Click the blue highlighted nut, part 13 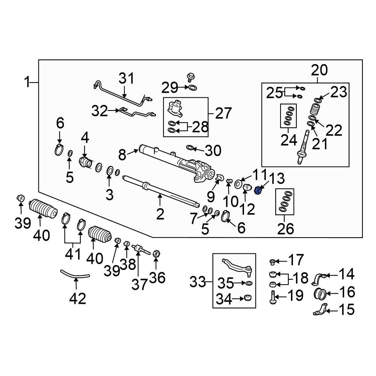point(258,191)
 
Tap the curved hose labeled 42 point(75,275)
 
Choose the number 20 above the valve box point(319,70)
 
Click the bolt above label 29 point(190,77)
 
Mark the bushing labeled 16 point(320,293)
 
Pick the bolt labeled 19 point(272,297)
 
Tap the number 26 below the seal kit point(285,228)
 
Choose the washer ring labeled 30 point(190,147)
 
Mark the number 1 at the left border point(27,82)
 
